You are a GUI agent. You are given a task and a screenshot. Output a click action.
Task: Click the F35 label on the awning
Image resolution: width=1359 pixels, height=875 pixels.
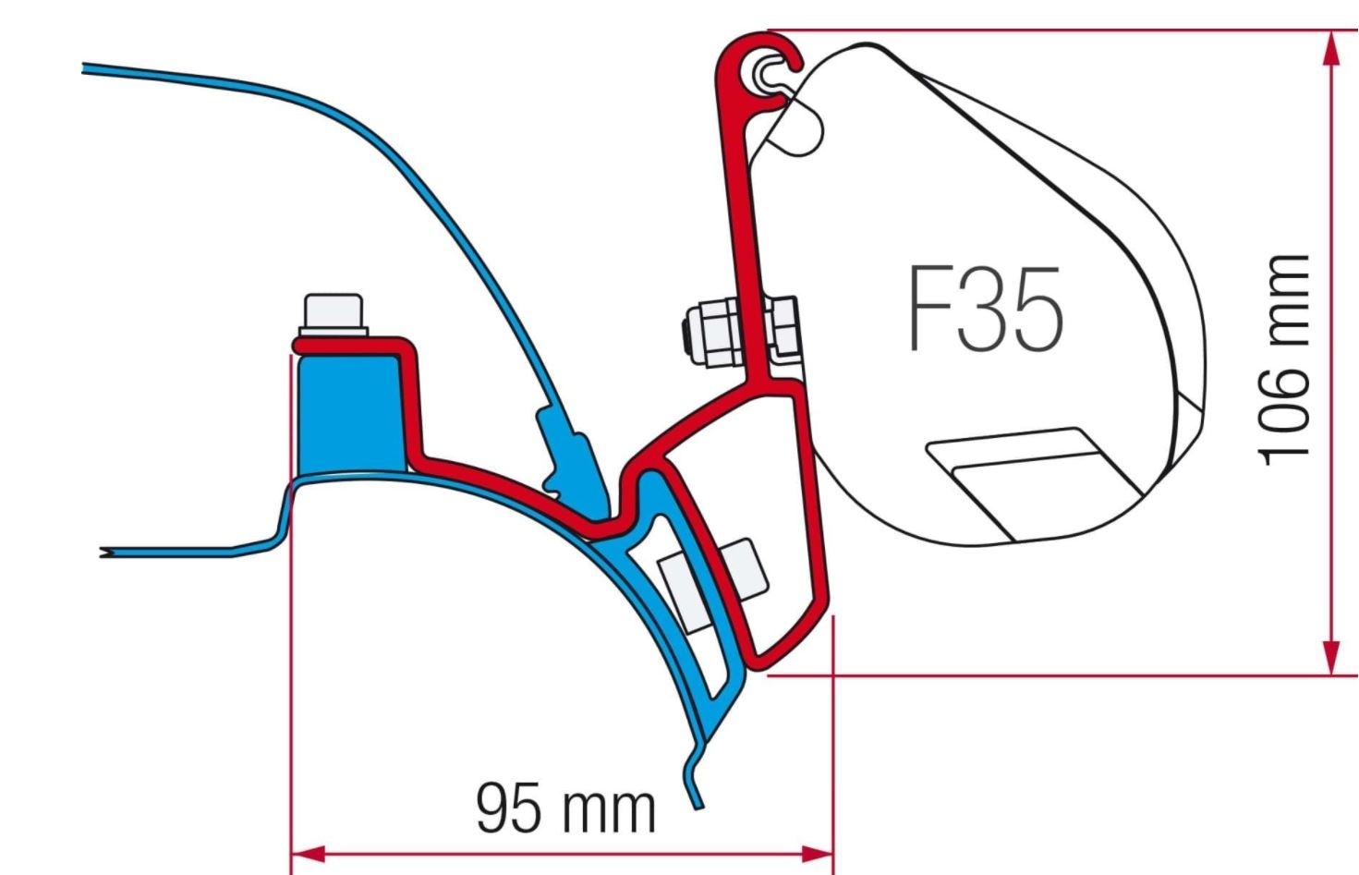[985, 310]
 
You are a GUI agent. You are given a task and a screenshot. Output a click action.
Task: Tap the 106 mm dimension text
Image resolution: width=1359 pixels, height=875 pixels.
[1285, 360]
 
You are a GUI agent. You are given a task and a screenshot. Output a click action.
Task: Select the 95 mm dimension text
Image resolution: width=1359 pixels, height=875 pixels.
[565, 808]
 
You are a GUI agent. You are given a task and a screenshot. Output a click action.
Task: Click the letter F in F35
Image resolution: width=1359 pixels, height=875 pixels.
[929, 310]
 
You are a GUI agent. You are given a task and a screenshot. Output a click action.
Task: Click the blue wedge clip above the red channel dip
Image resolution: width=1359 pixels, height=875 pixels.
[565, 453]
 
